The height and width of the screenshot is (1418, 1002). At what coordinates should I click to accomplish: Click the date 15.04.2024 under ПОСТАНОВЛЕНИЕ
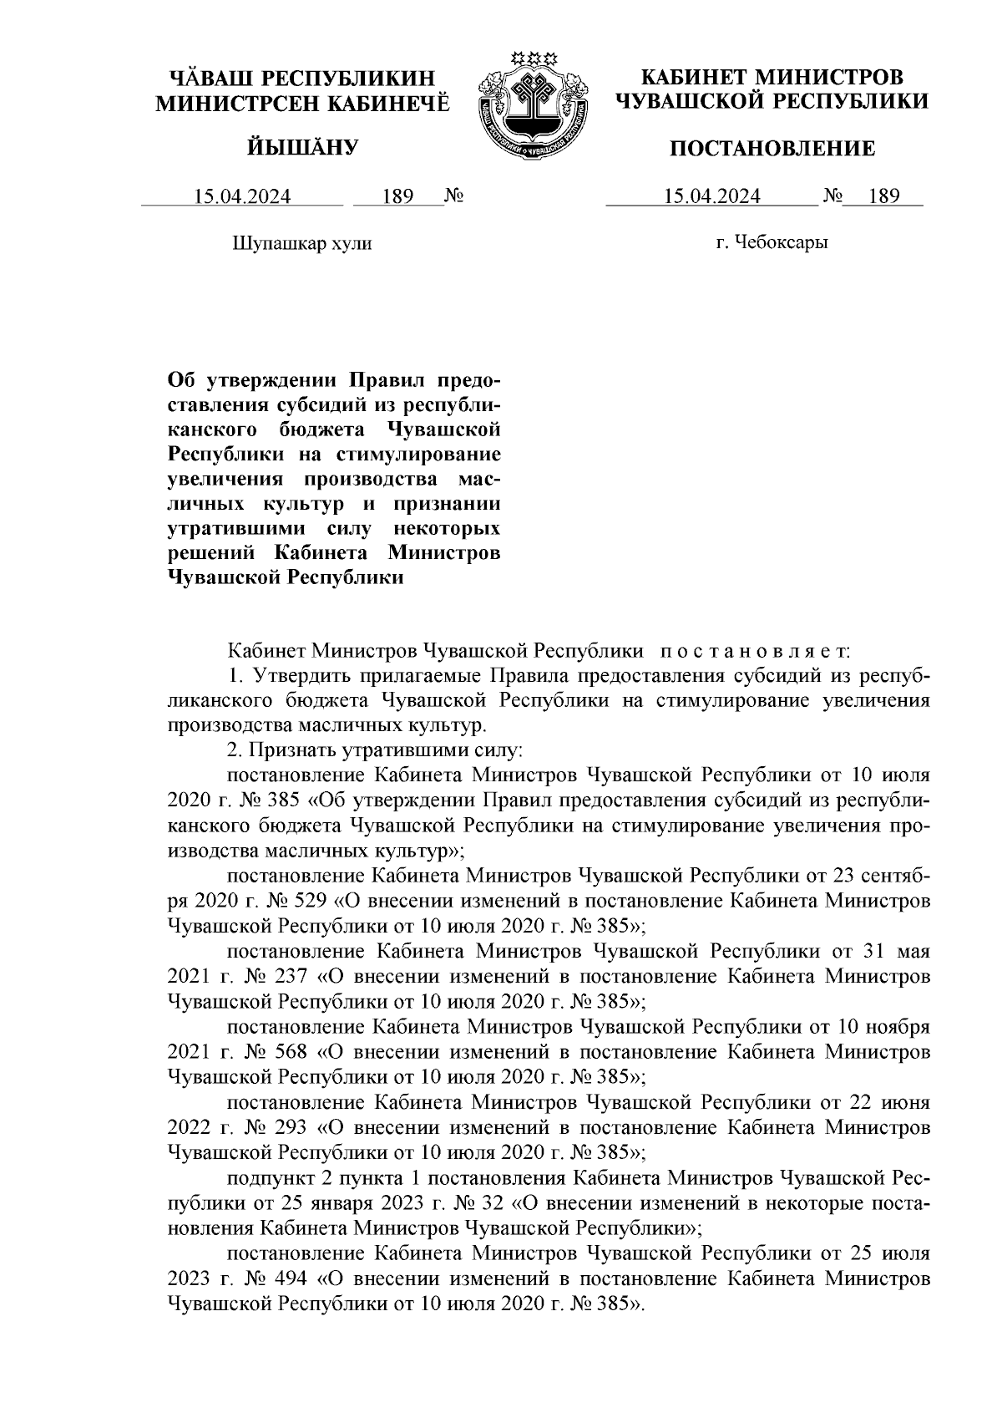(x=711, y=197)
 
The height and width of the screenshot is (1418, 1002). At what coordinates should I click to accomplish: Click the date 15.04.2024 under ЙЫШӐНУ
(x=242, y=197)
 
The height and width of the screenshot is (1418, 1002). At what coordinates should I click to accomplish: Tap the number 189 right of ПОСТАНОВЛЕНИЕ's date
(x=883, y=197)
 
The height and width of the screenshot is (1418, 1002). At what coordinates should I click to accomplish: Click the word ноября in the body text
(x=898, y=1026)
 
